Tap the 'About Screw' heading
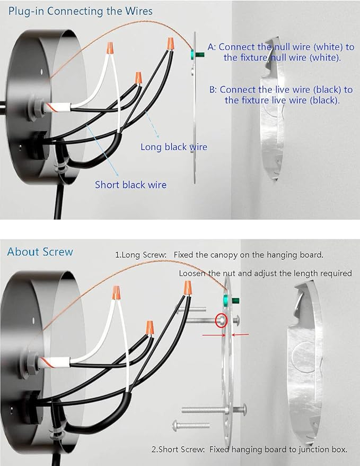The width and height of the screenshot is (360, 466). point(40,252)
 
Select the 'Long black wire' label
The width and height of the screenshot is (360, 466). point(173,146)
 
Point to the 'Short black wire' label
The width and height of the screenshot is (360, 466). point(130,185)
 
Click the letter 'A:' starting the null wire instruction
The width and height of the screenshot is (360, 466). point(212,47)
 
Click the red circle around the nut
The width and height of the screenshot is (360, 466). point(221,320)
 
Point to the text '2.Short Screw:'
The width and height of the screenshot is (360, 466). point(178,449)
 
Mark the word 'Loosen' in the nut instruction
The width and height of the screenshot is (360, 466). point(193,273)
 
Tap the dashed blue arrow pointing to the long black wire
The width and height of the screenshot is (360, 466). point(147,126)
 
